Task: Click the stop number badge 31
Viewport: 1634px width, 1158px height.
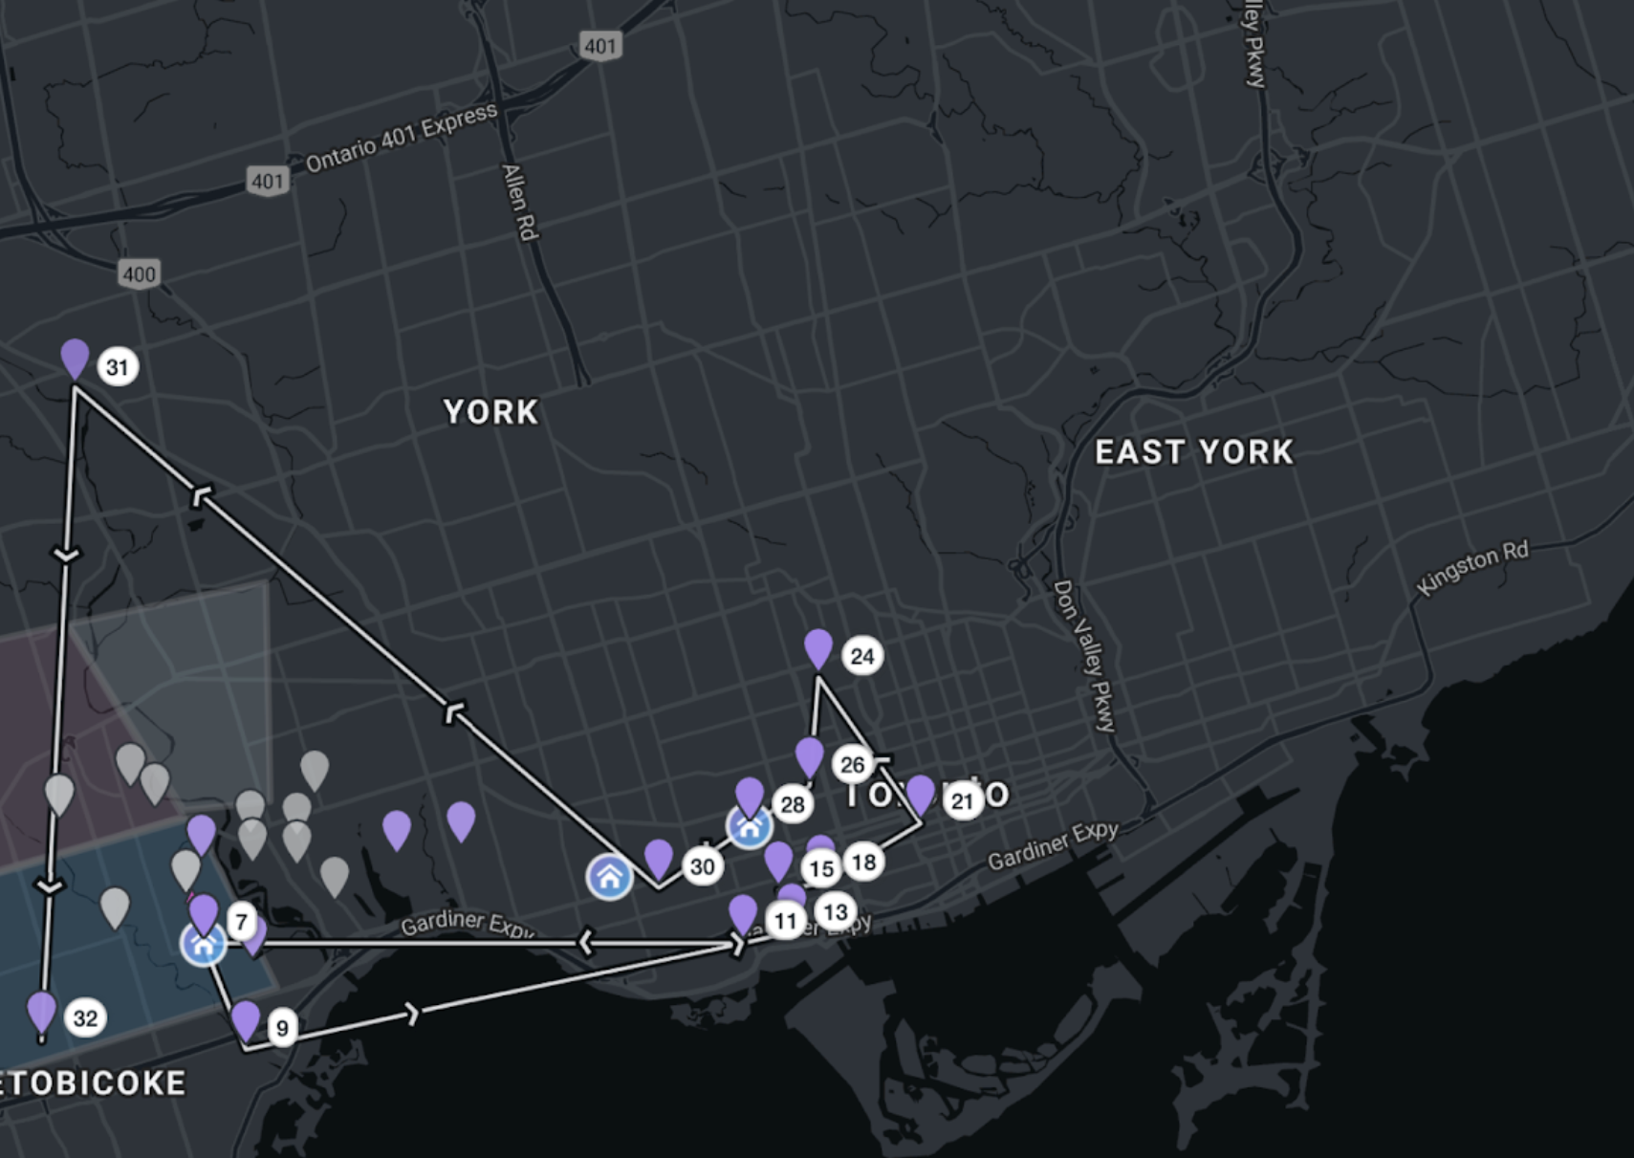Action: tap(118, 367)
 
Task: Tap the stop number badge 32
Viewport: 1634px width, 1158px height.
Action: tap(85, 1018)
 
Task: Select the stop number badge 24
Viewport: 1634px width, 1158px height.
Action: tap(862, 657)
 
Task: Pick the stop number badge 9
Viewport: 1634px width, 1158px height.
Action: tap(282, 1028)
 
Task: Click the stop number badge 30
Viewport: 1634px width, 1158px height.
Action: tap(703, 867)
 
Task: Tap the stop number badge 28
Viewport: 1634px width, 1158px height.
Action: tap(793, 805)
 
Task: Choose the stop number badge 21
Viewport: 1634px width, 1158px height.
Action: tap(963, 801)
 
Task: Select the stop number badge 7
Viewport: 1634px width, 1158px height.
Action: tap(242, 923)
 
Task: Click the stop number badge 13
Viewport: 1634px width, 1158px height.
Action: tap(836, 912)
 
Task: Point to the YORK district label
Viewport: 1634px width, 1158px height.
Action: tap(490, 412)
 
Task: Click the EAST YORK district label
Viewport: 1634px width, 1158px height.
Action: tap(1194, 452)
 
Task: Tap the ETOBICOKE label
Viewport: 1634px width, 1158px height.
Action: tap(93, 1083)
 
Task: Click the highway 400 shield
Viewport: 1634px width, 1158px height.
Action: tap(140, 275)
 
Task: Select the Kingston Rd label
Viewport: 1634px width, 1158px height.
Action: tap(1472, 567)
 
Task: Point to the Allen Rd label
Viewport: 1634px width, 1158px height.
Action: tap(519, 202)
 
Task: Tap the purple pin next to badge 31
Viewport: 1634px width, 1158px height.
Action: tap(75, 359)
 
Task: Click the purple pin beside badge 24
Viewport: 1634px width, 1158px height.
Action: tap(818, 648)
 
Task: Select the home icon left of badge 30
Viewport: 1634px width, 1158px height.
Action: tap(609, 877)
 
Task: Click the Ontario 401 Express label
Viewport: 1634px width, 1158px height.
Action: tap(402, 138)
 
